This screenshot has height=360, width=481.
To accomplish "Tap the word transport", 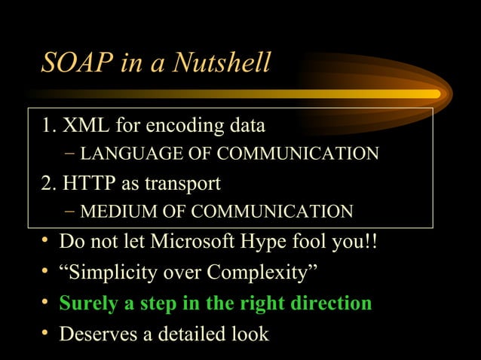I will tap(186, 183).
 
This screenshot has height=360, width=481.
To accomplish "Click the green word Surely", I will tap(89, 304).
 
